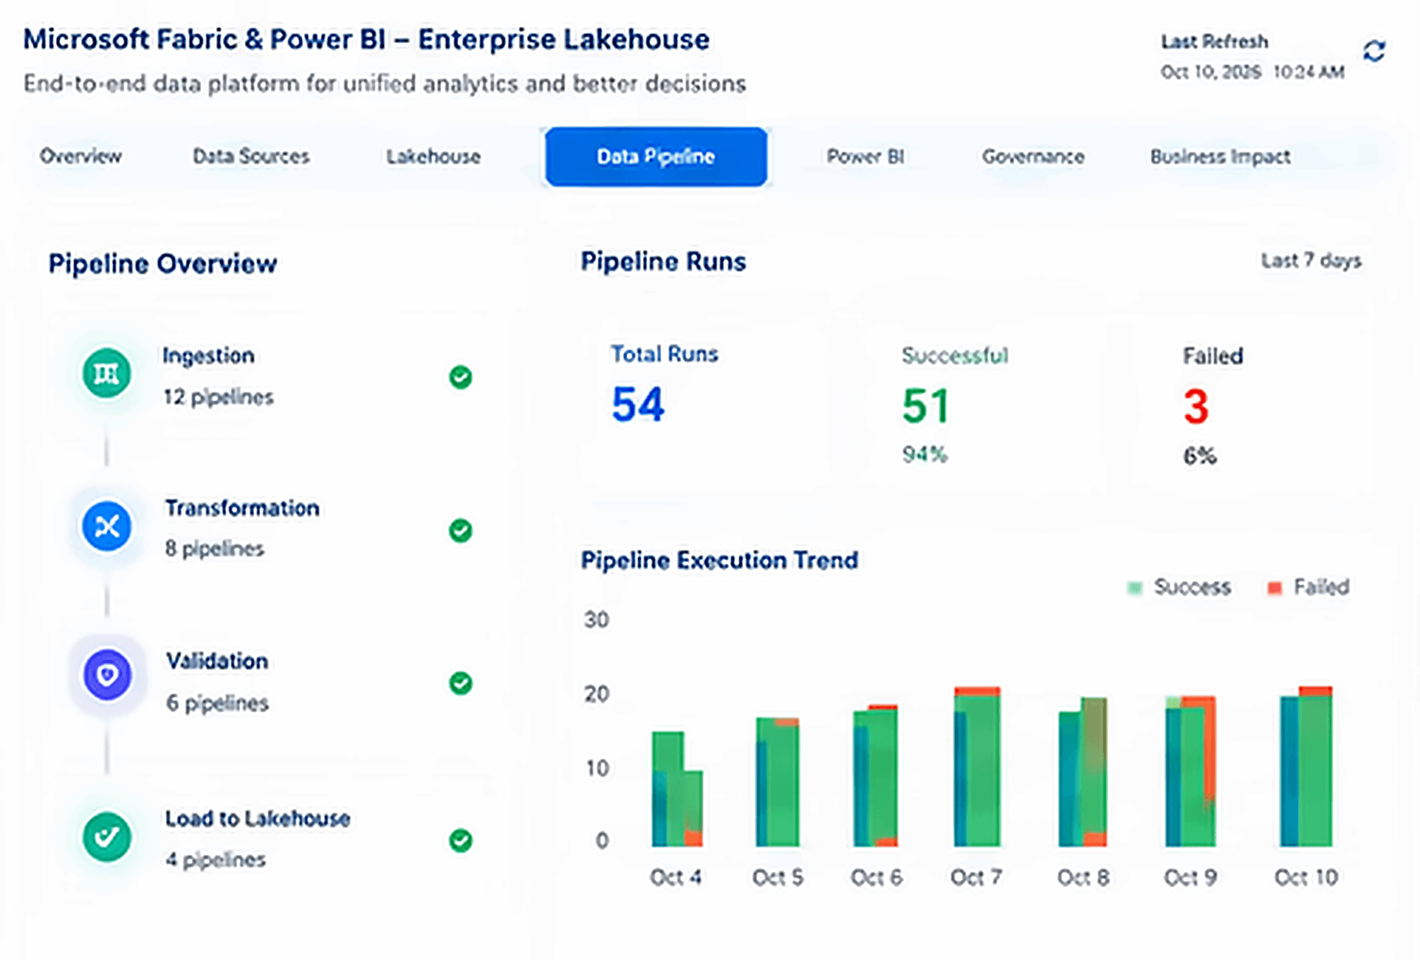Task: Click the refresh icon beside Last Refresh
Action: pos(1374,51)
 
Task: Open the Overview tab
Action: pos(80,156)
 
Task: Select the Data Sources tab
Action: pos(251,156)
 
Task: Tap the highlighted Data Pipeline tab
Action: pos(656,157)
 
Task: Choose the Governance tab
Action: pos(1033,156)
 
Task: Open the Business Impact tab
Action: pos(1220,157)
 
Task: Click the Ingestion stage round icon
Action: pos(107,373)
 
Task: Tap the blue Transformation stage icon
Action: pos(107,526)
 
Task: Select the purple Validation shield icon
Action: pos(107,675)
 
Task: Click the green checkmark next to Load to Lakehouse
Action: pos(461,840)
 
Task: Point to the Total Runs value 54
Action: pos(638,404)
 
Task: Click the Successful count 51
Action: pos(925,406)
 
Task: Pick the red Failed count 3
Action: pos(1196,407)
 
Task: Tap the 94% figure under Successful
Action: pos(925,454)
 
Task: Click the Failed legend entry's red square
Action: pos(1275,588)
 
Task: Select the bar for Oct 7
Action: pos(977,767)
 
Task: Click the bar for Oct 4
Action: pos(677,789)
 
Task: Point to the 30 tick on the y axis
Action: pos(596,620)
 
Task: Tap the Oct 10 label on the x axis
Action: pos(1306,877)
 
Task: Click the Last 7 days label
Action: pos(1311,261)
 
